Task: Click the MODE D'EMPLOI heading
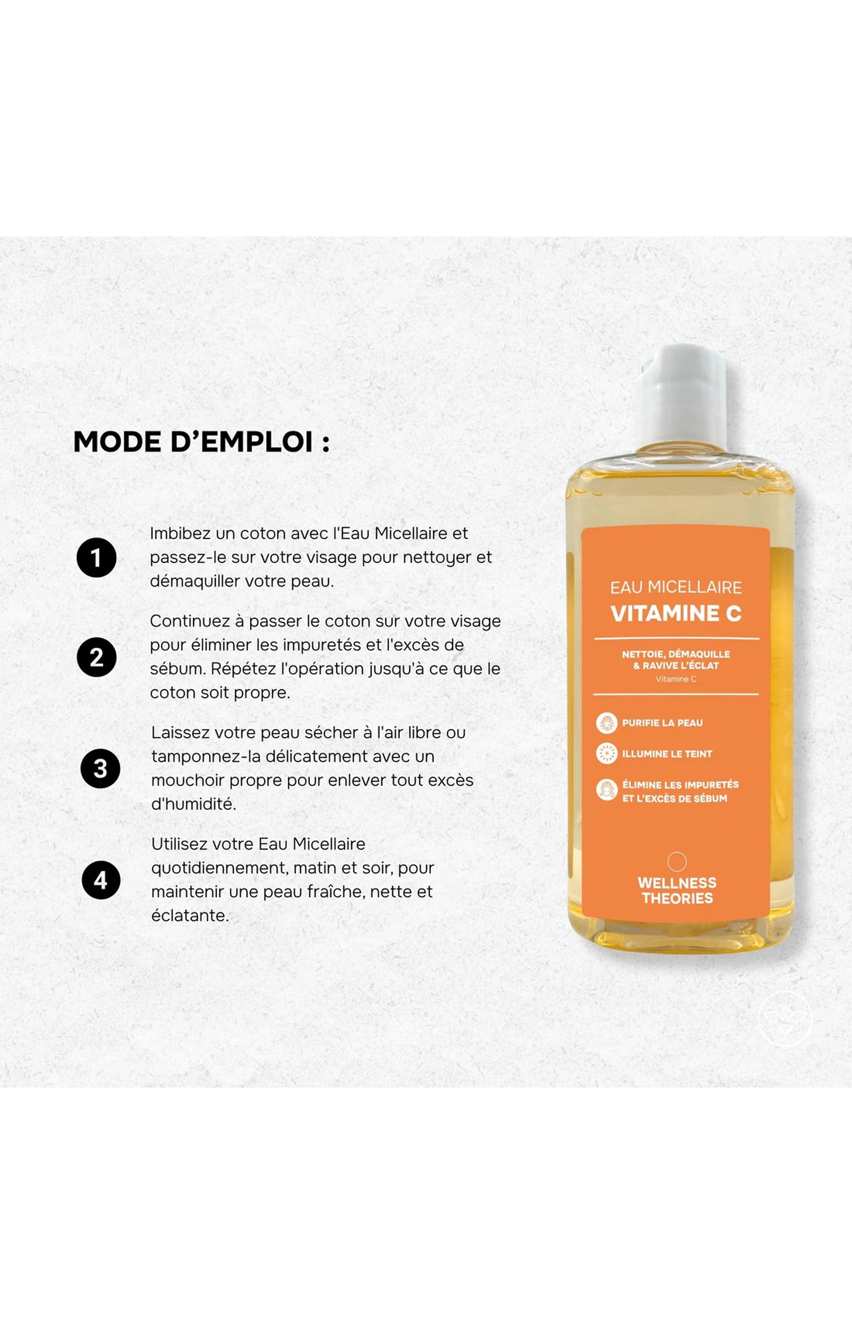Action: (x=202, y=442)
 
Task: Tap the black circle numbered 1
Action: (x=96, y=557)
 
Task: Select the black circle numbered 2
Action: (x=96, y=657)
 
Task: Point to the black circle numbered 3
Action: (x=100, y=769)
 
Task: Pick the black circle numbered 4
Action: (x=101, y=880)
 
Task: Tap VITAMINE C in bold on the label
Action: (x=676, y=613)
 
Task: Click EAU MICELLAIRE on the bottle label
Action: (x=676, y=587)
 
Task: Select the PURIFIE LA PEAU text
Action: (x=662, y=723)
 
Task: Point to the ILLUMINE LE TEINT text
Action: (x=667, y=754)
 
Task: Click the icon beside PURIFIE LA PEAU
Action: (x=607, y=723)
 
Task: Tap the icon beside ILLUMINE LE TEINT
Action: (x=607, y=754)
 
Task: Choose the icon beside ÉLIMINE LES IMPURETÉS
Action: (x=607, y=790)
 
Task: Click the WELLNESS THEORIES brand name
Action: (x=677, y=891)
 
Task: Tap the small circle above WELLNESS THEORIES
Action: (x=677, y=861)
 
